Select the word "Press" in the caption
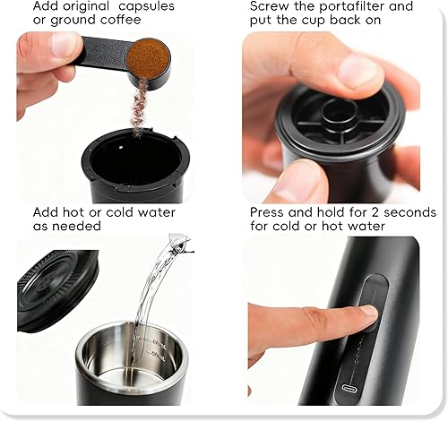269,213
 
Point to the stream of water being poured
148,296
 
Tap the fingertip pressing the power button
363,313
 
